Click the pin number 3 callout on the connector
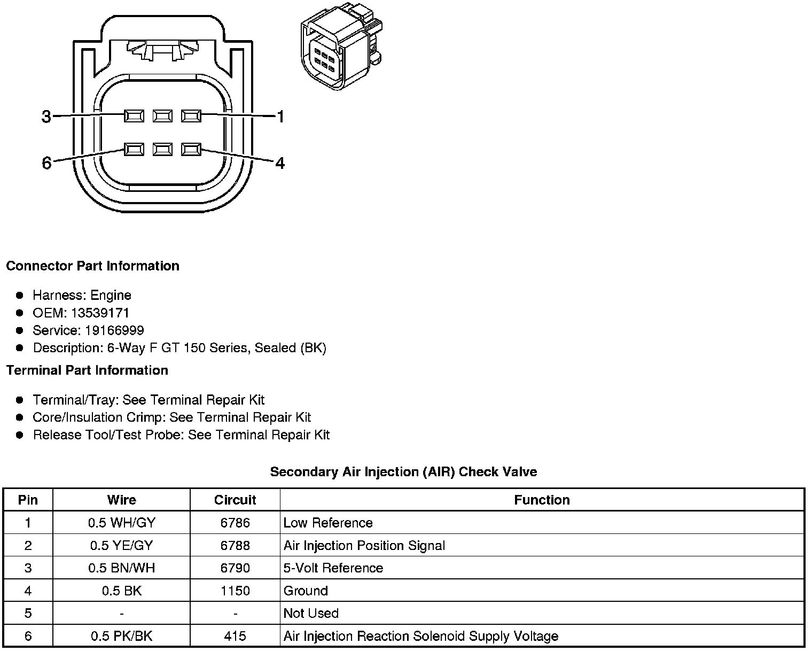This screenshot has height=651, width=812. [46, 117]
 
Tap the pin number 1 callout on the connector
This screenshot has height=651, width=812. [280, 116]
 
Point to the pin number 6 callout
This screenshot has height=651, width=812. [46, 163]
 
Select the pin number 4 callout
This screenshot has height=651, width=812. [280, 162]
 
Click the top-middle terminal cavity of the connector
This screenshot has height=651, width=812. [162, 115]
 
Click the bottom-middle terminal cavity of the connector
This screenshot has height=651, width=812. [162, 149]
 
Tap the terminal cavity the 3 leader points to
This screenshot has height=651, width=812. [134, 115]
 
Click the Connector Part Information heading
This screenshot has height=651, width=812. [92, 266]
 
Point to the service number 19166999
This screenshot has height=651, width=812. [114, 330]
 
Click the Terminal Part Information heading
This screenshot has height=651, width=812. [87, 370]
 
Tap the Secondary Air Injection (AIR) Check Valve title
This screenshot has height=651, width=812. [403, 472]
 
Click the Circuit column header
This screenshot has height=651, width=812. [235, 500]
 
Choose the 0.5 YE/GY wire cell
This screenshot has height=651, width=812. [121, 546]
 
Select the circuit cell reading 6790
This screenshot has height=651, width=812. [235, 568]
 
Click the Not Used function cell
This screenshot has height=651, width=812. [311, 614]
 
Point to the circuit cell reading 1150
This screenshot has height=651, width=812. [235, 591]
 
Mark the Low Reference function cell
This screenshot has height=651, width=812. [328, 523]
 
